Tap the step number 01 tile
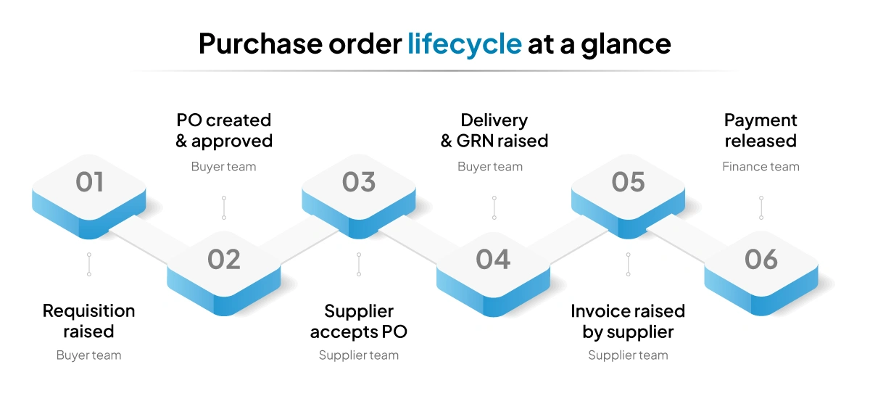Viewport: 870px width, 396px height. (x=90, y=183)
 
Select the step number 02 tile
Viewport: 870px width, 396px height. (x=223, y=260)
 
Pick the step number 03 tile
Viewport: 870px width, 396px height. (x=359, y=183)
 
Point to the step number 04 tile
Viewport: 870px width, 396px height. (x=493, y=260)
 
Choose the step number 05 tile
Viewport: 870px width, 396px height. (x=628, y=183)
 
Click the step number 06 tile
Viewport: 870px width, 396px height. (x=761, y=260)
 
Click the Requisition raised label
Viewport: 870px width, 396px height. (x=88, y=321)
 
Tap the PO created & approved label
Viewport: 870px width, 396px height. (x=224, y=131)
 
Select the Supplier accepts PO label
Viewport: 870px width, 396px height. (x=359, y=321)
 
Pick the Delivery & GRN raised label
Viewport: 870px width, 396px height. (x=494, y=131)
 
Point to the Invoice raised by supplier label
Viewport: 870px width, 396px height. (x=628, y=321)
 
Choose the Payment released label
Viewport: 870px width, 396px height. (x=761, y=131)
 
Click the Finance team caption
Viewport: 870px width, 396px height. (x=761, y=167)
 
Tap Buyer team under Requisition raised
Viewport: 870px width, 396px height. (x=88, y=355)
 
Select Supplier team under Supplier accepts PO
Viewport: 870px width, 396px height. (x=359, y=355)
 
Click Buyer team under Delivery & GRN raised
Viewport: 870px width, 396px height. (x=490, y=167)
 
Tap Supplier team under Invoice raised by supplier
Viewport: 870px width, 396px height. (x=628, y=355)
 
